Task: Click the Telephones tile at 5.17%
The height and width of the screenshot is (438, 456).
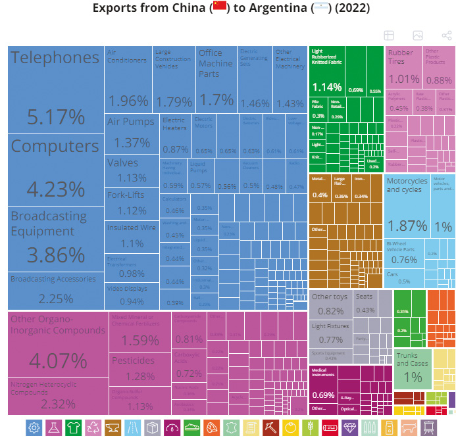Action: [56, 89]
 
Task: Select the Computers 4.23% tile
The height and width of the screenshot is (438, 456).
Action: [56, 170]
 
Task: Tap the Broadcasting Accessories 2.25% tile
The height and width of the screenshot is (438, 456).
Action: [56, 290]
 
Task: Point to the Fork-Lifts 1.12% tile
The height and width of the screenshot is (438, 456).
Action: [132, 202]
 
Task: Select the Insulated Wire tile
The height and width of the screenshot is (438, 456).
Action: [132, 235]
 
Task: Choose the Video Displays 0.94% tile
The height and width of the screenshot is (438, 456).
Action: [132, 295]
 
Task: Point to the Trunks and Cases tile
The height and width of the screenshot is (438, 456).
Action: [412, 368]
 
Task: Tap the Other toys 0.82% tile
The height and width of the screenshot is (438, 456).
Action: [330, 304]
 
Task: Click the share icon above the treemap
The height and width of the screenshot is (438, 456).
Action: [447, 36]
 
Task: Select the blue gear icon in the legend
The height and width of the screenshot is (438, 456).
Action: [34, 427]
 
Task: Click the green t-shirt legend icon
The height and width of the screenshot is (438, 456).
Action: [74, 427]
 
